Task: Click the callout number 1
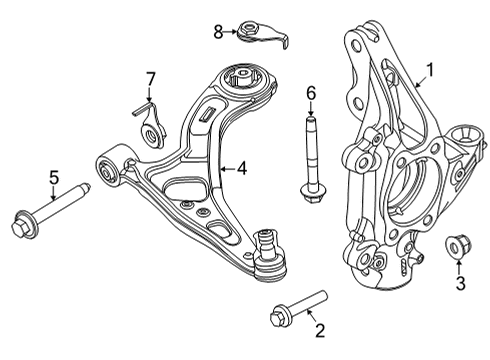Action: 431,69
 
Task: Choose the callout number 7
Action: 150,78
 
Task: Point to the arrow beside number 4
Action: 225,170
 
